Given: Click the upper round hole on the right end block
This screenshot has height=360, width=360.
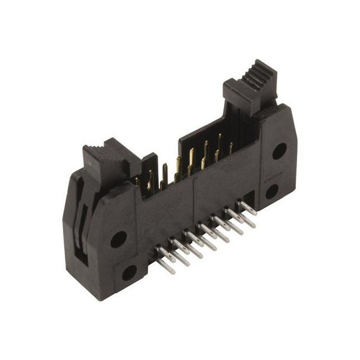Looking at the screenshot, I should [x=279, y=151].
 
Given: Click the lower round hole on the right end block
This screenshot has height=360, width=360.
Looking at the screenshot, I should [x=272, y=191].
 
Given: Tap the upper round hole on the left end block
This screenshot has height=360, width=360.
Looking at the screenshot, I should [x=118, y=239].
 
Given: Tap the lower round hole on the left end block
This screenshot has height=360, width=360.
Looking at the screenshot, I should [x=129, y=273].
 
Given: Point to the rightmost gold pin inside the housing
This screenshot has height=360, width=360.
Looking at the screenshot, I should [x=231, y=147].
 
